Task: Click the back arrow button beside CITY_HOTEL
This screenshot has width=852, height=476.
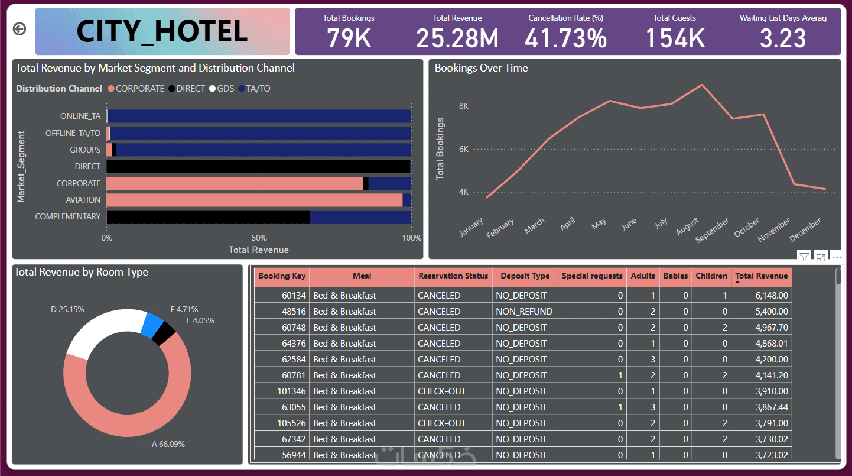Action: click(19, 29)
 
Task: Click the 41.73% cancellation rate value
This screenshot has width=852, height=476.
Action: click(565, 38)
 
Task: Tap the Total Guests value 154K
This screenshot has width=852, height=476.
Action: click(674, 38)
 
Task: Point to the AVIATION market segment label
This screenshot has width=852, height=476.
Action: click(83, 200)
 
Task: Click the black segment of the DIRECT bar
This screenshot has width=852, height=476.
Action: click(258, 167)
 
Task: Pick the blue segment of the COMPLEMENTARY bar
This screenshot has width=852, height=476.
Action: click(360, 216)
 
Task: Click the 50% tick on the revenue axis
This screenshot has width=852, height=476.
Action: click(259, 238)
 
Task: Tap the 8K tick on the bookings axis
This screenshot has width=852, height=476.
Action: click(463, 106)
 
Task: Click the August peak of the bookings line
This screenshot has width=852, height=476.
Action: click(702, 85)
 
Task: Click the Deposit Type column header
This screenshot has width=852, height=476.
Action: click(525, 276)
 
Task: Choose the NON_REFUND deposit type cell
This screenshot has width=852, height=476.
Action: click(524, 312)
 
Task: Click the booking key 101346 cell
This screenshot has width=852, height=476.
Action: click(291, 391)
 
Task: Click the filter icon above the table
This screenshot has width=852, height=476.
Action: click(804, 257)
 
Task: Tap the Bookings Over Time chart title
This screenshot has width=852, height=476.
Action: click(481, 68)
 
